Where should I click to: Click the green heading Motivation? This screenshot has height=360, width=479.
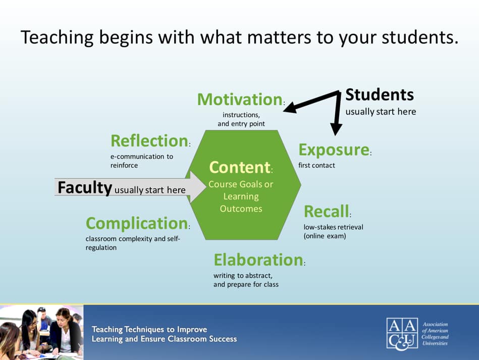pos(239,99)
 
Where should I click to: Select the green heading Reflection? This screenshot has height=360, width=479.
pos(149,140)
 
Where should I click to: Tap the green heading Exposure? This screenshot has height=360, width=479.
pos(334,150)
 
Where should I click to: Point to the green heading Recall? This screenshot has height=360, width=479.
pos(326,211)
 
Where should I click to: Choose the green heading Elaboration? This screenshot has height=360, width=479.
pos(258,260)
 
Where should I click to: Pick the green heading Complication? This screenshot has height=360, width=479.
pos(136,223)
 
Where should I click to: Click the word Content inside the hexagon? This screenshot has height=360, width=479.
pos(240,167)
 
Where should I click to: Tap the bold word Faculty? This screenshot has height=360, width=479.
pos(84,188)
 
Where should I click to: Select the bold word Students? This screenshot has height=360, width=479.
pos(379,95)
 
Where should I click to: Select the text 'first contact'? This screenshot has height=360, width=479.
pos(316,165)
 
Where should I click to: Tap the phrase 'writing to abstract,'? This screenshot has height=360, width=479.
pos(243,275)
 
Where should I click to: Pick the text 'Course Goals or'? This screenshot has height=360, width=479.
pos(241,184)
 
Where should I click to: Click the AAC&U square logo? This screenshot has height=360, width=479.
pos(402,333)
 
